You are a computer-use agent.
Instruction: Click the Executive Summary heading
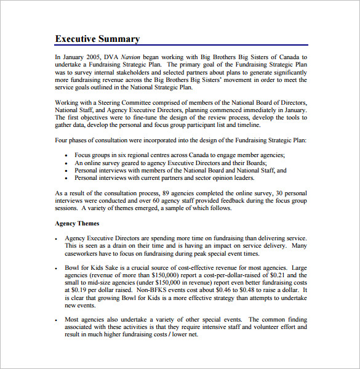point(97,39)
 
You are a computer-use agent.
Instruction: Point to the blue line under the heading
point(181,46)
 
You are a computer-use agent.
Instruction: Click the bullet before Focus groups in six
point(66,155)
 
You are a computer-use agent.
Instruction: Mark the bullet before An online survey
point(66,163)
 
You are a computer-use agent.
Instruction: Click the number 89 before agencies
point(156,193)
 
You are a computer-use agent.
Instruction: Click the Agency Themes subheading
point(77,223)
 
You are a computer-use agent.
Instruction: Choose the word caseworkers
point(84,253)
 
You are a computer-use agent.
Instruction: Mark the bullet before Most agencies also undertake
point(56,320)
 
